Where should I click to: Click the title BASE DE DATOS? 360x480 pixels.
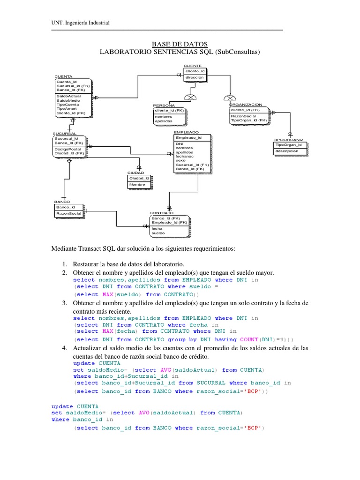pos(180,44)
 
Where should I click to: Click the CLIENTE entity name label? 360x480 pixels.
pos(193,66)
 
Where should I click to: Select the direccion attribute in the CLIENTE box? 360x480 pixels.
pos(195,77)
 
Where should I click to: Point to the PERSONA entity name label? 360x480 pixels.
pos(164,105)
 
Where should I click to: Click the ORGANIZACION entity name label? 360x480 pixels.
pos(246,105)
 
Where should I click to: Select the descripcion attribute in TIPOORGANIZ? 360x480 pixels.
pos(287,151)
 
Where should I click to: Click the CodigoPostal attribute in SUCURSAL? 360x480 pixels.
pos(67,149)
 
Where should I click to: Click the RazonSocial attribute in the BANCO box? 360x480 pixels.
pos(68,214)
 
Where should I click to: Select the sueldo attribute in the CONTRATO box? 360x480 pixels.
pos(158,233)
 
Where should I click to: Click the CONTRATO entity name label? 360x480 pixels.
pos(161,213)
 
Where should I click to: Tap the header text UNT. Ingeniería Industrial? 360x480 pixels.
pos(80,23)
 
